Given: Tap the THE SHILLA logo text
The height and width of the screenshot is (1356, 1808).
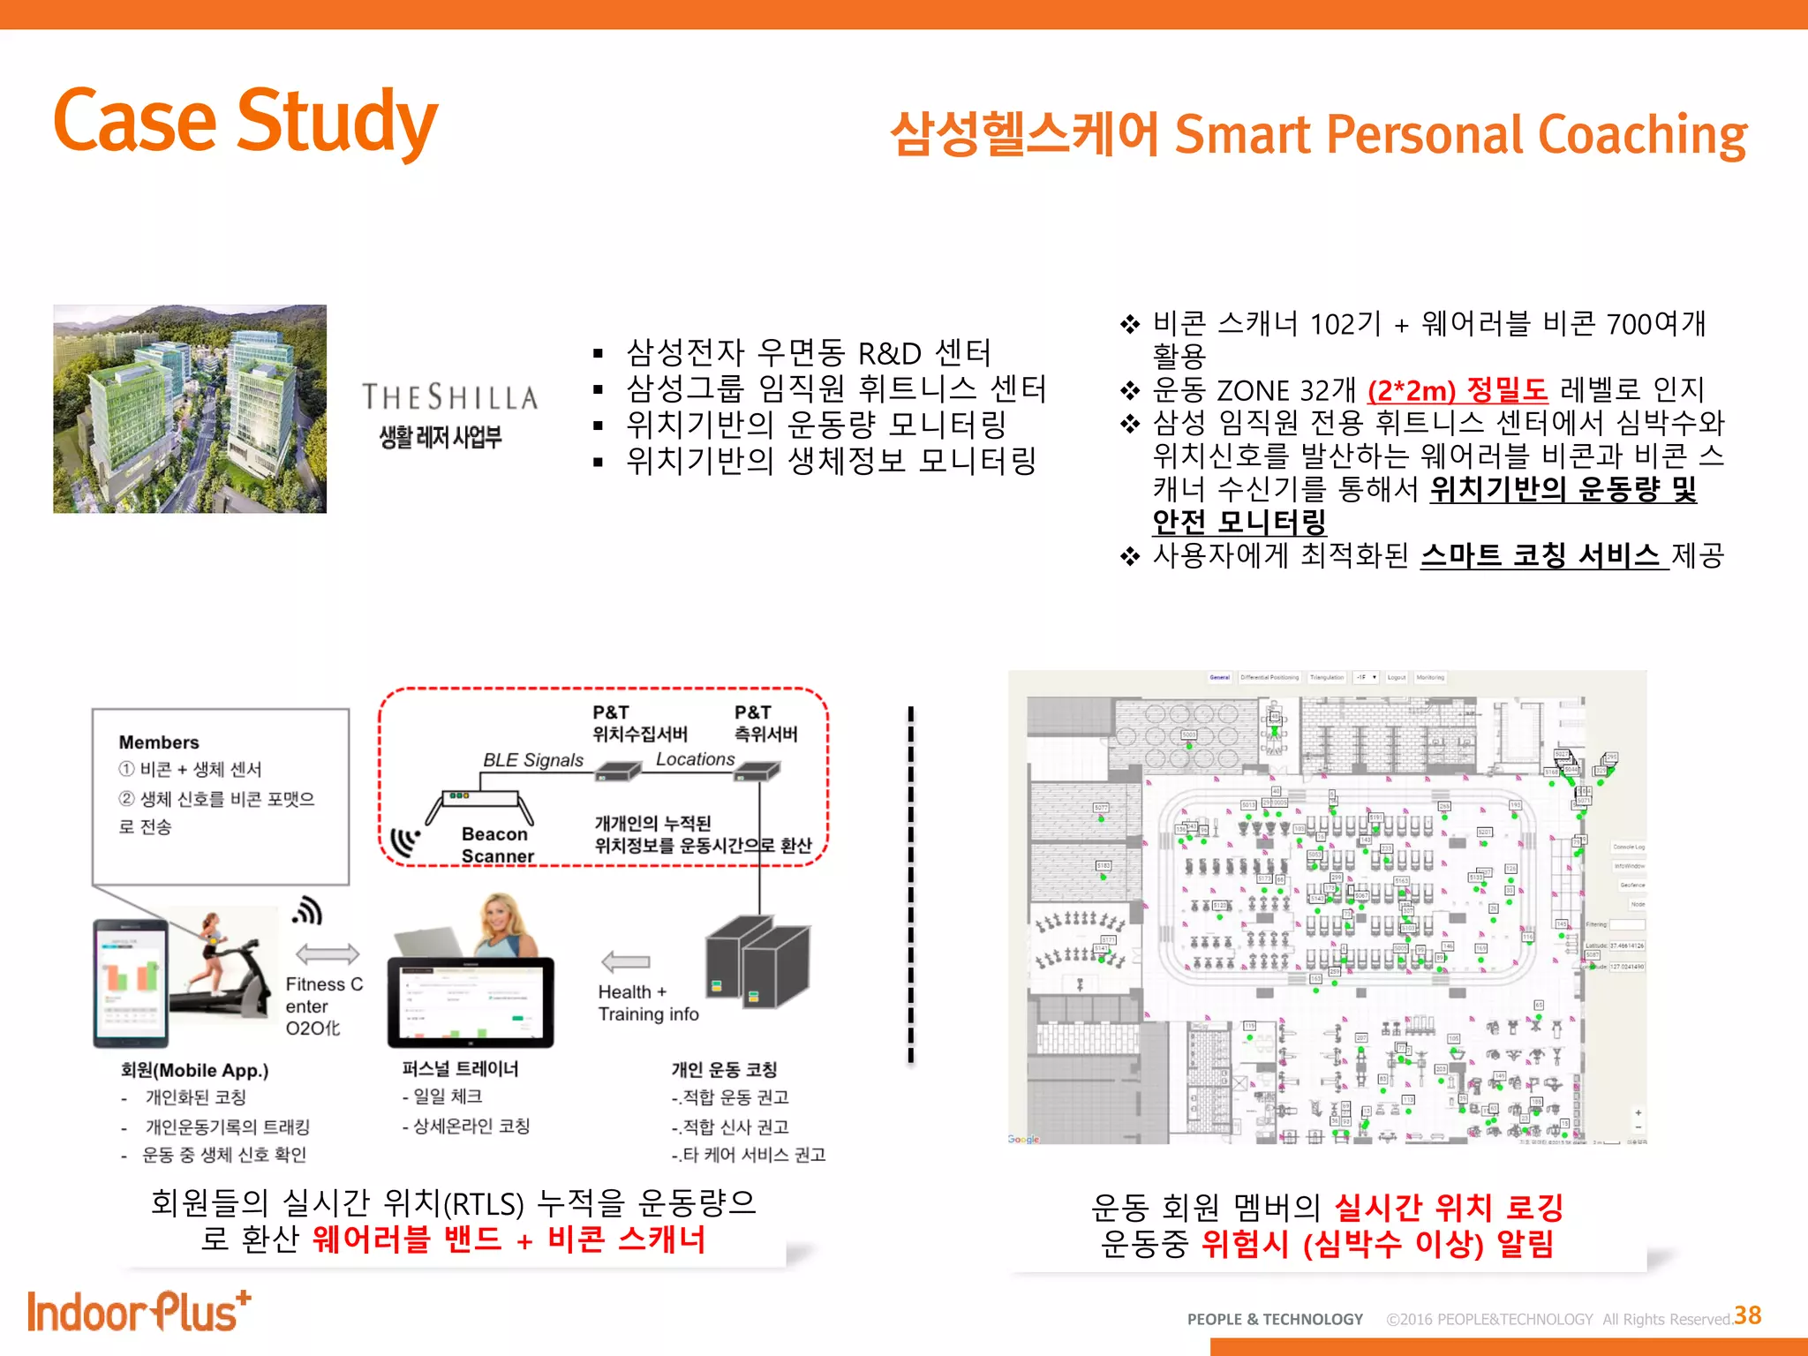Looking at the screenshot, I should click(x=449, y=398).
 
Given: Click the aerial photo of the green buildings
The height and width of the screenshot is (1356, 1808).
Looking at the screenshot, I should click(x=190, y=409).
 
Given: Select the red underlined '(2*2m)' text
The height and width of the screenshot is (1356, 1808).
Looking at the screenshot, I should click(x=1411, y=390).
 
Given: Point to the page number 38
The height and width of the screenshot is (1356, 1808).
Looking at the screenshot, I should click(x=1747, y=1315).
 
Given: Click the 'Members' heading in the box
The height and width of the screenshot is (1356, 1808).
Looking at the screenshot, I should click(x=159, y=742).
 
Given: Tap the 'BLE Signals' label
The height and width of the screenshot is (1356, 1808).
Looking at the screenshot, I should click(x=533, y=760).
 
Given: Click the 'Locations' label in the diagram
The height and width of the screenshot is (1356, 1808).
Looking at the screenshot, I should click(x=695, y=759).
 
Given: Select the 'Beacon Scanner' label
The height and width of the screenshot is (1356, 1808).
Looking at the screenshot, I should click(x=496, y=845).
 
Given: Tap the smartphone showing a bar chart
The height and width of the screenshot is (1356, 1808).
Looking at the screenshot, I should click(x=131, y=983).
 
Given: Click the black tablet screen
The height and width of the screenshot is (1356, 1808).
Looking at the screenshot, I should click(x=470, y=1002).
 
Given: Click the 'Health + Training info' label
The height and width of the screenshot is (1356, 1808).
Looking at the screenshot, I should click(x=648, y=1003).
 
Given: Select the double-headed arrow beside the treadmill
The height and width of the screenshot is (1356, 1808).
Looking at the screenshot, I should click(x=327, y=953).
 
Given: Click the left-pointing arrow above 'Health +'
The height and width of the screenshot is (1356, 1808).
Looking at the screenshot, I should click(x=625, y=961).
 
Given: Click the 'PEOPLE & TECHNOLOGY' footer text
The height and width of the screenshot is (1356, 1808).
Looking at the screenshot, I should click(x=1275, y=1319).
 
